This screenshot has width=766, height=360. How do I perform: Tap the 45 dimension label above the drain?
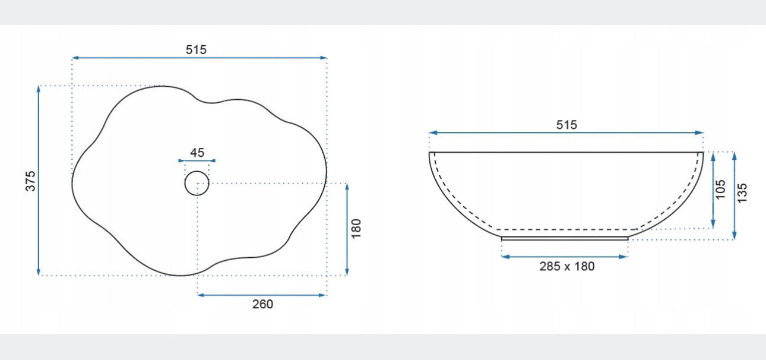click(197, 153)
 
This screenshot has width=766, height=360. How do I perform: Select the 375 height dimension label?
click(30, 181)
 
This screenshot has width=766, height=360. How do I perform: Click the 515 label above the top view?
click(196, 50)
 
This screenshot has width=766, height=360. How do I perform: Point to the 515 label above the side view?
click(566, 125)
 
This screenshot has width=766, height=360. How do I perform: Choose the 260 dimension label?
click(262, 304)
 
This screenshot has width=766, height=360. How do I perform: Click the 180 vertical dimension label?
click(356, 229)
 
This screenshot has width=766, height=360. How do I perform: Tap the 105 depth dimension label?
click(720, 190)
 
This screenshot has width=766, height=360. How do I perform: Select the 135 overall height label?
click(742, 193)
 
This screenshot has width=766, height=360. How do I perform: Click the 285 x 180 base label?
click(567, 266)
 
